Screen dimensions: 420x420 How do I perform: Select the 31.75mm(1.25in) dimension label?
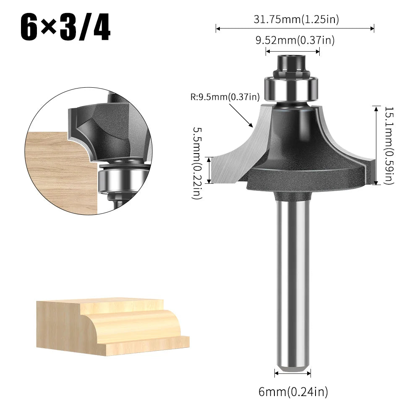[x=296, y=19]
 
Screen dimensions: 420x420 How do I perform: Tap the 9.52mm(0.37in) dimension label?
[x=295, y=40]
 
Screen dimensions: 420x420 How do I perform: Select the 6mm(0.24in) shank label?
[x=293, y=392]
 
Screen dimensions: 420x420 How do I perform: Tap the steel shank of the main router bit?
[x=293, y=285]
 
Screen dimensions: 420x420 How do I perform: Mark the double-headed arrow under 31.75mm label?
[x=295, y=29]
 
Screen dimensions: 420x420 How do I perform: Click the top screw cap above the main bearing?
[x=290, y=63]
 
